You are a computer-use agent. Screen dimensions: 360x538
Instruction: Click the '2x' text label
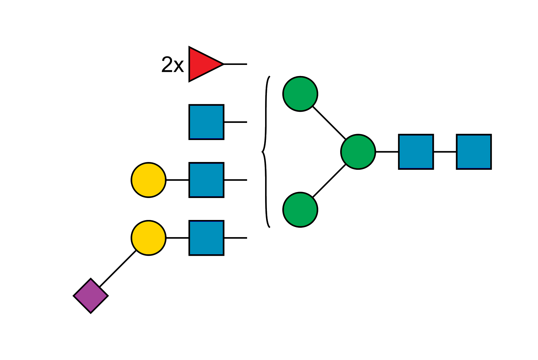click(172, 65)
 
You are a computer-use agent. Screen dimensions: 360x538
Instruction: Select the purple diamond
click(91, 296)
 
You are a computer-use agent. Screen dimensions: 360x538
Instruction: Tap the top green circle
click(300, 94)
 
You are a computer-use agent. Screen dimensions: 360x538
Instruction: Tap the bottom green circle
click(300, 209)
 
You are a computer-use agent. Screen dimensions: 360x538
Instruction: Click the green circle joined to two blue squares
click(358, 152)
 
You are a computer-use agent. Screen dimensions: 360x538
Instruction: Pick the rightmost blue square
click(473, 152)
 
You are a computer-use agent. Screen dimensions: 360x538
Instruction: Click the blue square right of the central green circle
click(416, 152)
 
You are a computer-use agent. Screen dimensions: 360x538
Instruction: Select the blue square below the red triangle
click(206, 122)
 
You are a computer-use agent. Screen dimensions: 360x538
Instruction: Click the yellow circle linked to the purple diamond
click(149, 238)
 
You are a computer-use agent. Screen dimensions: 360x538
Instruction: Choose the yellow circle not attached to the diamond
click(149, 180)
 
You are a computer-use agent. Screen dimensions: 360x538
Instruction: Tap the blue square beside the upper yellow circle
click(206, 180)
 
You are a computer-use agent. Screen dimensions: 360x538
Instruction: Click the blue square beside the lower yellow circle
click(206, 238)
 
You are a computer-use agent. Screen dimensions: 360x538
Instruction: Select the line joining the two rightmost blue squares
click(445, 152)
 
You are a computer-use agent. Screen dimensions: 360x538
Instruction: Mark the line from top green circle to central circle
click(329, 123)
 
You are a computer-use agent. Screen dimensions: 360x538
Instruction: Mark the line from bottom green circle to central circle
click(329, 181)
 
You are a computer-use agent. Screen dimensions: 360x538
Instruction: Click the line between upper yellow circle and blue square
click(177, 180)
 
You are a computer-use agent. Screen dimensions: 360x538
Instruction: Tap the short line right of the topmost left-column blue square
click(235, 122)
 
